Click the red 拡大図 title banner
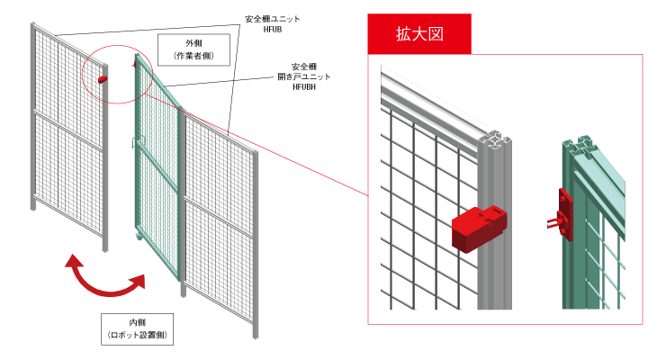pyautogui.click(x=420, y=34)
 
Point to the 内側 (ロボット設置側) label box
pyautogui.click(x=137, y=328)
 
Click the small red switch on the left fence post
pyautogui.click(x=101, y=80)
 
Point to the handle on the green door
pyautogui.click(x=133, y=141)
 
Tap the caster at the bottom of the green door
pyautogui.click(x=139, y=236)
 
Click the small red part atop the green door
pyautogui.click(x=135, y=64)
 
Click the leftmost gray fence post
pyautogui.click(x=32, y=117)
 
